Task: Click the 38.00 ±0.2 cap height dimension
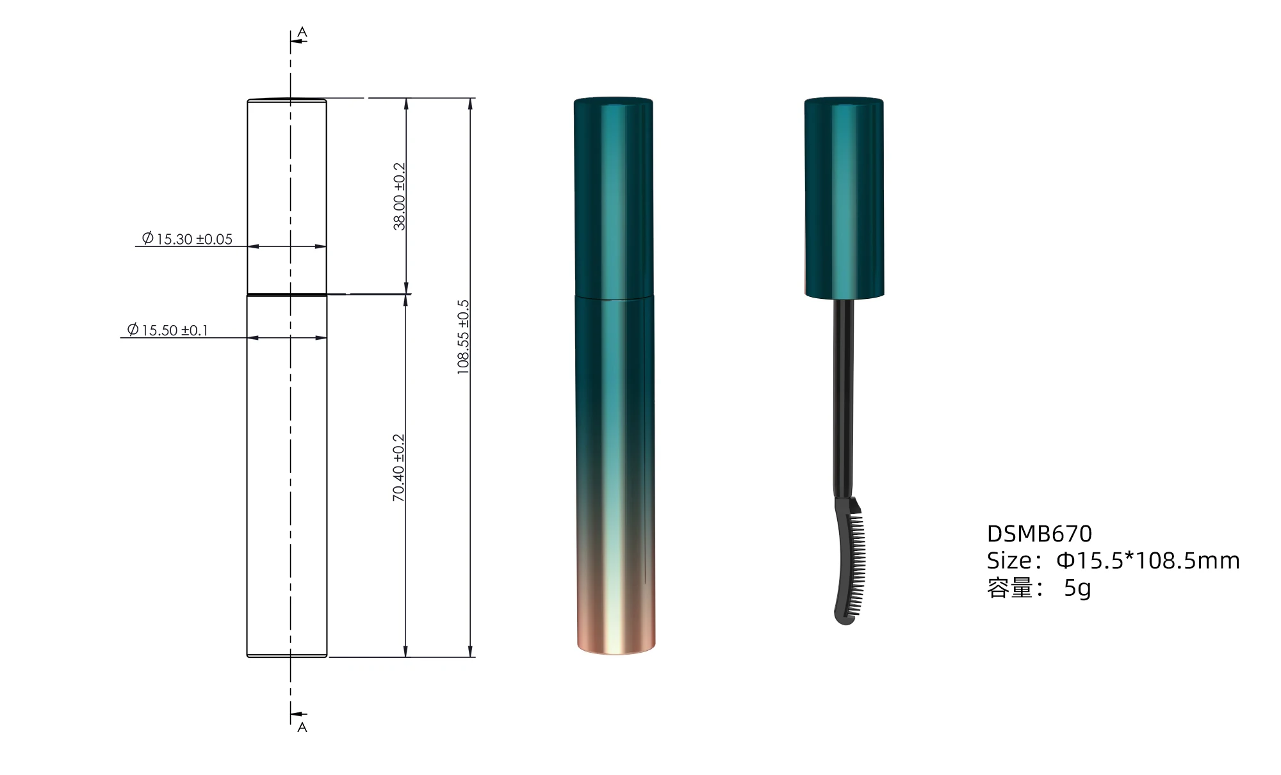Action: pyautogui.click(x=399, y=196)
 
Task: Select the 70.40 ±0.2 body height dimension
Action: pyautogui.click(x=398, y=468)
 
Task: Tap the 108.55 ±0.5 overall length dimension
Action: pyautogui.click(x=463, y=337)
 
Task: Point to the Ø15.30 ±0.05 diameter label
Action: pyautogui.click(x=187, y=239)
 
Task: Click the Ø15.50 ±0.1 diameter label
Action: pyautogui.click(x=168, y=330)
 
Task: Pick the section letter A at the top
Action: pyautogui.click(x=302, y=32)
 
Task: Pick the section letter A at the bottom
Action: pyautogui.click(x=302, y=727)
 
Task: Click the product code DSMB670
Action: pyautogui.click(x=1039, y=534)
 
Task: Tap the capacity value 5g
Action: pyautogui.click(x=1077, y=587)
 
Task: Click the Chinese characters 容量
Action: pyautogui.click(x=1010, y=587)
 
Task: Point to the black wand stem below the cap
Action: pyautogui.click(x=844, y=397)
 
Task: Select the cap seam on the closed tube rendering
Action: pyautogui.click(x=614, y=296)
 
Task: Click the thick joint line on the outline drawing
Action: pyautogui.click(x=287, y=295)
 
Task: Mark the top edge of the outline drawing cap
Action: pyautogui.click(x=287, y=99)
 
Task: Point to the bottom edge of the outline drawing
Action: pyautogui.click(x=287, y=657)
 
